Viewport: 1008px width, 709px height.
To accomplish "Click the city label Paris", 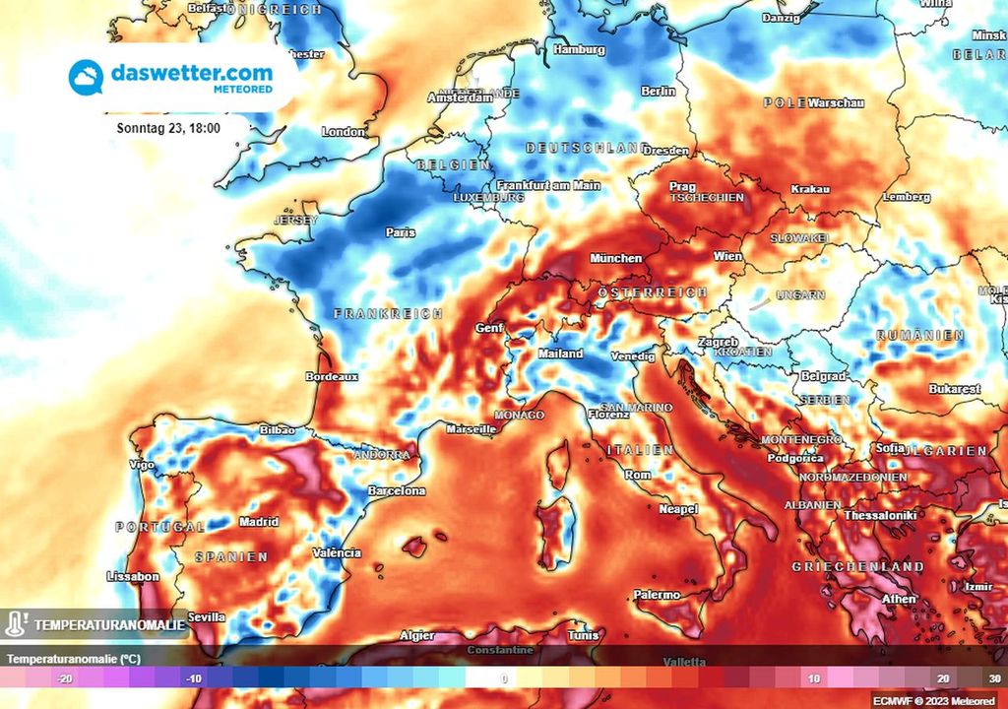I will [x=401, y=233].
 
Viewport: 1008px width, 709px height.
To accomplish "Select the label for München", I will [x=615, y=259].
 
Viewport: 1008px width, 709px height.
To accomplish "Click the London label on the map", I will [x=344, y=132].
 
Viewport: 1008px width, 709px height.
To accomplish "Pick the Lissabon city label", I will [x=132, y=576].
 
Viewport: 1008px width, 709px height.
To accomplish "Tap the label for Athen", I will [x=900, y=599].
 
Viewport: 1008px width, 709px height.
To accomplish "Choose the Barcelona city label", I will [x=396, y=490].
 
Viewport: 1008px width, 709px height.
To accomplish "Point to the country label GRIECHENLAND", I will [x=858, y=567].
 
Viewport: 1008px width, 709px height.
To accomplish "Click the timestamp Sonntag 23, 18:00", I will [x=168, y=128].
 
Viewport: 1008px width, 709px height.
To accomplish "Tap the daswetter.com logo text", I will [x=192, y=73].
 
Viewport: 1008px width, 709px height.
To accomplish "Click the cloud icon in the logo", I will [x=87, y=77].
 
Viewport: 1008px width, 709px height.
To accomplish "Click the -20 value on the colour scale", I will [x=65, y=678].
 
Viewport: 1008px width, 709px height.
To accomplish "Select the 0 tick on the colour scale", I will [x=503, y=678].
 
